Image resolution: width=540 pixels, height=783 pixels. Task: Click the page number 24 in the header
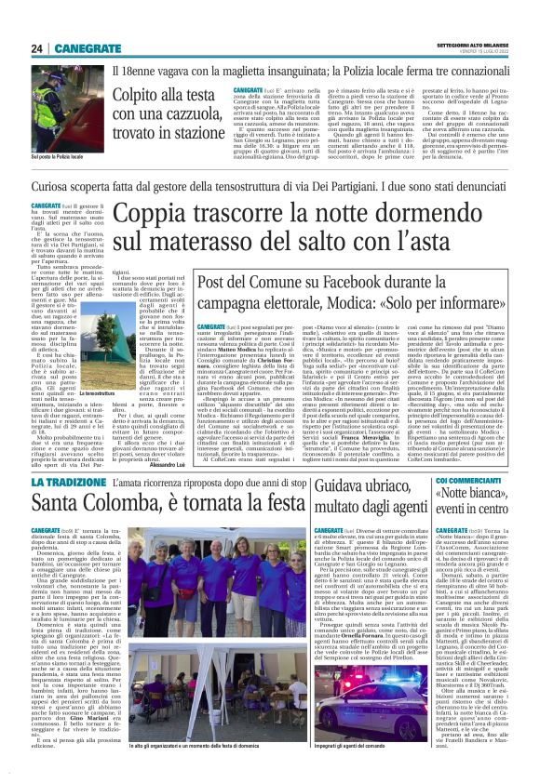(x=37, y=48)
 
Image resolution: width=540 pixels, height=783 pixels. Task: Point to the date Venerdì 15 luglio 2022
(x=487, y=52)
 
